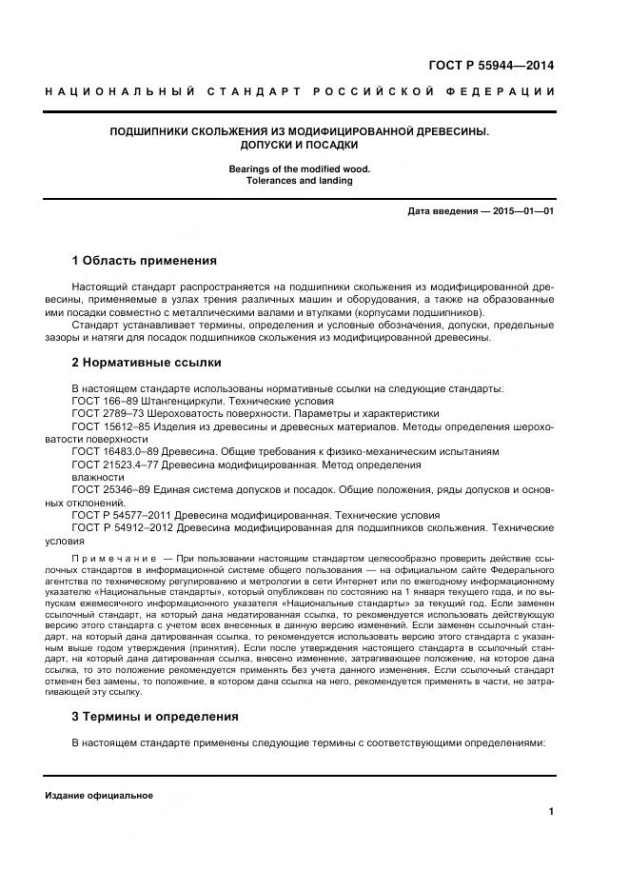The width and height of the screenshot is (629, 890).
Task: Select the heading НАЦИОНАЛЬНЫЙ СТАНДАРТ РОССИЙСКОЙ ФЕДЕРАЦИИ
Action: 300,91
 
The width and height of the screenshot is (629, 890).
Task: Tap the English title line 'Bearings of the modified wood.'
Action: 299,168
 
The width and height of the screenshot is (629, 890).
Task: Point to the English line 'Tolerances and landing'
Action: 299,180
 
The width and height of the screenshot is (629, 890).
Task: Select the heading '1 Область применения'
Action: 145,260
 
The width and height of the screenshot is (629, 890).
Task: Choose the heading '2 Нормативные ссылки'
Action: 147,363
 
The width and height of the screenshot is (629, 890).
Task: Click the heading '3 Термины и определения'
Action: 155,716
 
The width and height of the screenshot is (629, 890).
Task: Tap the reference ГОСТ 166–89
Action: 106,402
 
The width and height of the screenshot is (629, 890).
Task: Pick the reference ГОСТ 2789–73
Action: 108,414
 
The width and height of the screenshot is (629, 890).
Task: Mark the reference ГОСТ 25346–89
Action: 112,489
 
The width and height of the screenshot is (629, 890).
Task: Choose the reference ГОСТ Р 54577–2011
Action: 123,514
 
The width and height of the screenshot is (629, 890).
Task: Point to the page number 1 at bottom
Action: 551,811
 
